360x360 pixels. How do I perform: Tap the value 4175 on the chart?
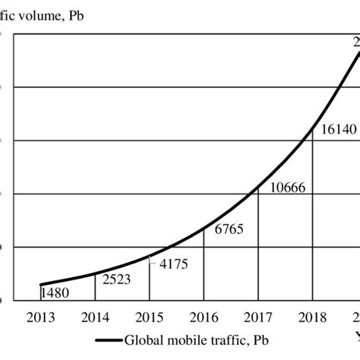(171, 264)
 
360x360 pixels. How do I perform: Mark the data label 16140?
(336, 129)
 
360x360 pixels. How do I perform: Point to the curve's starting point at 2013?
(40, 284)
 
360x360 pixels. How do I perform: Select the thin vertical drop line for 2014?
(95, 287)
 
